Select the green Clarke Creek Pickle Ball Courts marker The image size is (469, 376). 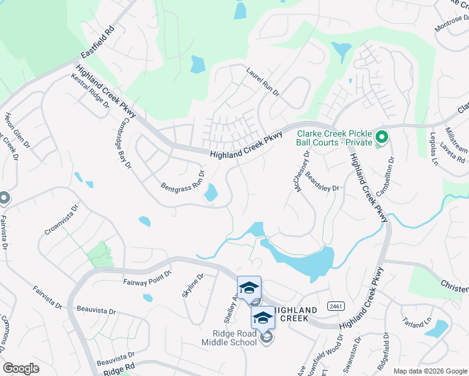click(x=381, y=135)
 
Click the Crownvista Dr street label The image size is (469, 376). click(x=61, y=219)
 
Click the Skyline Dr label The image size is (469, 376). click(x=192, y=286)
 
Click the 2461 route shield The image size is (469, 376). click(x=336, y=306)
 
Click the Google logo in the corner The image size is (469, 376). click(x=21, y=368)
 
